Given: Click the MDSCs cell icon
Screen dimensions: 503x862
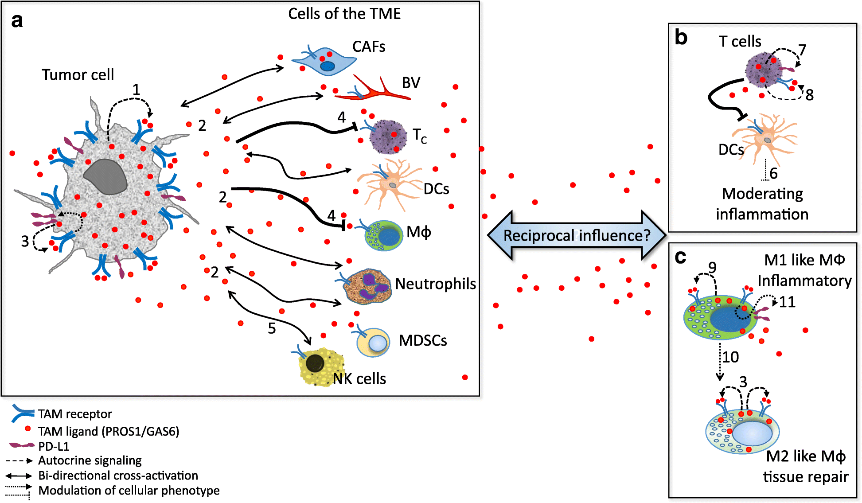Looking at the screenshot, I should click(374, 342).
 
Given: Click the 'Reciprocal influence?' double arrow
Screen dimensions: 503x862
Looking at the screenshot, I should click(577, 235).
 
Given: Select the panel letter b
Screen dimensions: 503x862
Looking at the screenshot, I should click(681, 38).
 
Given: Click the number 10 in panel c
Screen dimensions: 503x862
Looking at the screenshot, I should click(730, 357).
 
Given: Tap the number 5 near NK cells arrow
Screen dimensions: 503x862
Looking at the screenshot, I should click(272, 328).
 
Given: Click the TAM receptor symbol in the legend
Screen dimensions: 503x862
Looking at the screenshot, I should click(22, 413).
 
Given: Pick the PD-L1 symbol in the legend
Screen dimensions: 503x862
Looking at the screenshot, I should click(22, 445).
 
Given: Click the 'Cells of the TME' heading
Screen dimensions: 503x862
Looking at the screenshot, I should click(344, 14).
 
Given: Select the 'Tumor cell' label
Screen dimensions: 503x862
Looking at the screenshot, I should click(78, 74).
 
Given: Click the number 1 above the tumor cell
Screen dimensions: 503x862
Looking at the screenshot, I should click(136, 90).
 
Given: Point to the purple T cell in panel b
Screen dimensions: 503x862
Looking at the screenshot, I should click(763, 70).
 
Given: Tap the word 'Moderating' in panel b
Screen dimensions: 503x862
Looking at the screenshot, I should click(762, 194).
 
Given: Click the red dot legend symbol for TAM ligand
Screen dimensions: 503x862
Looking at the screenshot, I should click(27, 429).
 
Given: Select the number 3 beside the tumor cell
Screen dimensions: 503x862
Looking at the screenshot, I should click(25, 241).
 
